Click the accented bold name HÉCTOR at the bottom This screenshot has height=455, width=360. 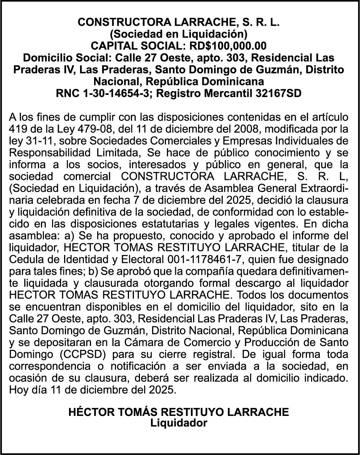coord(88,412)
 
